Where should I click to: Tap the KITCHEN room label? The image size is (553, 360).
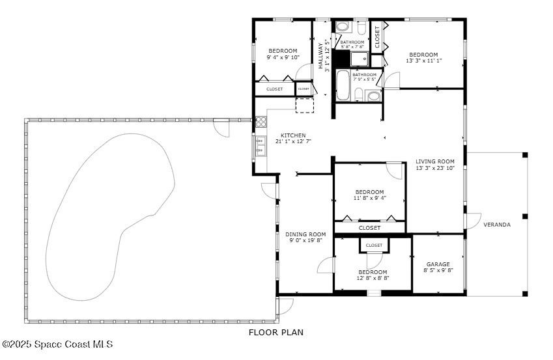(x=293, y=135)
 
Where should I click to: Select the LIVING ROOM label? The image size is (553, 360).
(x=435, y=161)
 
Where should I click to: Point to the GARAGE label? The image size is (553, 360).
(x=438, y=264)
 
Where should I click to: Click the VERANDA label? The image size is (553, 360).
(x=497, y=225)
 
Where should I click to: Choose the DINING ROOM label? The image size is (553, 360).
(x=305, y=234)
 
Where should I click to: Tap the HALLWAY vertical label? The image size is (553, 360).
(x=320, y=56)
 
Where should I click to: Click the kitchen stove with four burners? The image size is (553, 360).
(x=261, y=122)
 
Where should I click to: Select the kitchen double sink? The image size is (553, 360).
(x=261, y=146)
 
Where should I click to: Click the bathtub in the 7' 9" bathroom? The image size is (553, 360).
(x=343, y=85)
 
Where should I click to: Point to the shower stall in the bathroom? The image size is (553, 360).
(x=360, y=59)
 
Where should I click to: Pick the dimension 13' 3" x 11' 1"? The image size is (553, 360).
(x=423, y=61)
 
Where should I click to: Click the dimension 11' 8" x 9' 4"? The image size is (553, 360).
(x=369, y=198)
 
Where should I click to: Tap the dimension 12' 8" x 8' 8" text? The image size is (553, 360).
(x=373, y=278)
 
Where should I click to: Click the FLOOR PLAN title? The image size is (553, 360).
(x=276, y=332)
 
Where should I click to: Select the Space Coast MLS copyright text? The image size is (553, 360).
(x=57, y=344)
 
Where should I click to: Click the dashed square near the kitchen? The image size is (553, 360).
(x=305, y=105)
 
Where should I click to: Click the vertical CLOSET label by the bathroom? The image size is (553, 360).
(x=377, y=37)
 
